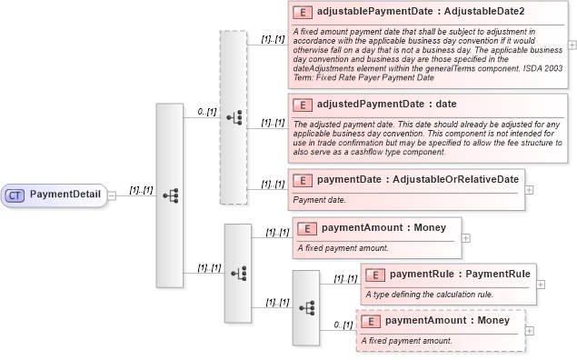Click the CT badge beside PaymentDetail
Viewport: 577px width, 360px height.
pyautogui.click(x=15, y=195)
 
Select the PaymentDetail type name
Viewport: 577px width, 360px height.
pyautogui.click(x=65, y=195)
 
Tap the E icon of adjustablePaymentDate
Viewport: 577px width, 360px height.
pyautogui.click(x=300, y=12)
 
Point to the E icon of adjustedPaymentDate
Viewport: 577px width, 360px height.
pyautogui.click(x=300, y=105)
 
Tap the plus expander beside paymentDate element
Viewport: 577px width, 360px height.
pyautogui.click(x=530, y=190)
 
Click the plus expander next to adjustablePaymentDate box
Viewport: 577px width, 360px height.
pyautogui.click(x=572, y=44)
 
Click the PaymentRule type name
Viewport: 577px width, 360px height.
pyautogui.click(x=500, y=274)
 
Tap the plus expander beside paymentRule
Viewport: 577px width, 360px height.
pyautogui.click(x=542, y=284)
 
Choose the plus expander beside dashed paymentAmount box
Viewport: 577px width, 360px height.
pyautogui.click(x=530, y=331)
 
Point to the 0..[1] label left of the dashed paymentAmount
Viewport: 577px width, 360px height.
pyautogui.click(x=343, y=325)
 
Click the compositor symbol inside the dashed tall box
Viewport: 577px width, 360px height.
pyautogui.click(x=234, y=117)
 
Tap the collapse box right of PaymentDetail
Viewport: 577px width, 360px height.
pyautogui.click(x=112, y=195)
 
